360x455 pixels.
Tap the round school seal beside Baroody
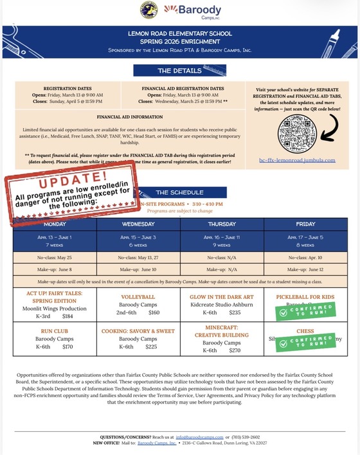pyautogui.click(x=148, y=10)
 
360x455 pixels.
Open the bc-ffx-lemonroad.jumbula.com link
pyautogui.click(x=297, y=160)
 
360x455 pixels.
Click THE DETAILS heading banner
pyautogui.click(x=179, y=71)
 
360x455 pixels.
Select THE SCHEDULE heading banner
pyautogui.click(x=181, y=193)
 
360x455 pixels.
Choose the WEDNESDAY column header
pyautogui.click(x=138, y=224)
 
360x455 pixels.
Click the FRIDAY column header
pyautogui.click(x=305, y=224)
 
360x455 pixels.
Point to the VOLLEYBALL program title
pyautogui.click(x=138, y=297)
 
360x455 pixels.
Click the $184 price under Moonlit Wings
pyautogui.click(x=67, y=316)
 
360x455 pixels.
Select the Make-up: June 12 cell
pyautogui.click(x=305, y=269)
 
